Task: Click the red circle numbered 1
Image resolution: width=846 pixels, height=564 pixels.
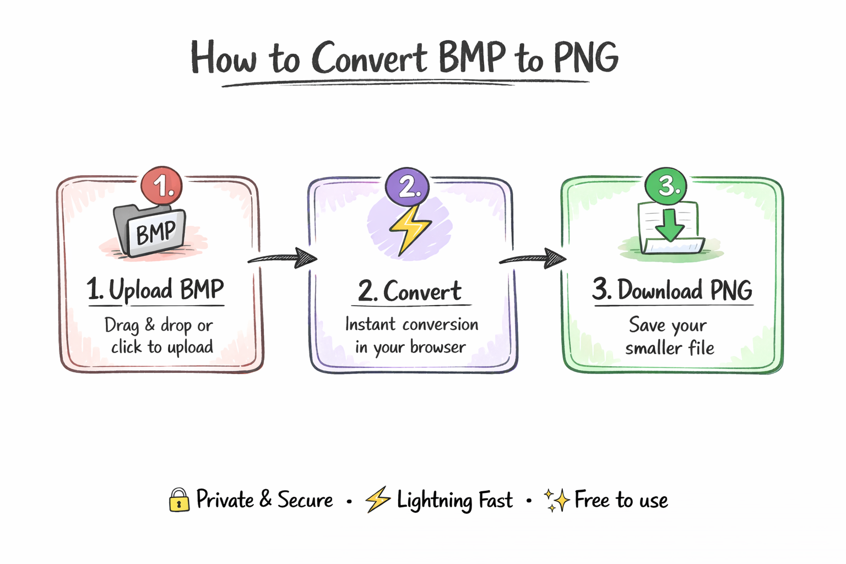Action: point(161,186)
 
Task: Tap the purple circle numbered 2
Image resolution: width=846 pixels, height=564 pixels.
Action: point(407,187)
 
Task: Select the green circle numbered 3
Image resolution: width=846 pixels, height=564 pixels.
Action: point(665,186)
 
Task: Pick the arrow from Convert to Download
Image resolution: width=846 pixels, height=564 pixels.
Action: point(533,258)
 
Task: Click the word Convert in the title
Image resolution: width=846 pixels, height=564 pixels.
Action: point(368,58)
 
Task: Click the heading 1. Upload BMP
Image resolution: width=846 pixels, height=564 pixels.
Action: point(155,290)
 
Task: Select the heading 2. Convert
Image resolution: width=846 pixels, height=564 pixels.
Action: point(410,291)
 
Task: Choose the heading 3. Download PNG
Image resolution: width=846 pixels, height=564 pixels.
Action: point(672,290)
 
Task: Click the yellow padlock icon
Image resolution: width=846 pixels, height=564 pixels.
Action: point(179,500)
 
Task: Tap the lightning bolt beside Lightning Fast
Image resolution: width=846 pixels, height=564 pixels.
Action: point(378,500)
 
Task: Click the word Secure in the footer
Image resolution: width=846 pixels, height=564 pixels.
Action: point(305,500)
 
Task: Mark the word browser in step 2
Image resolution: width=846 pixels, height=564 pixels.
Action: point(438,347)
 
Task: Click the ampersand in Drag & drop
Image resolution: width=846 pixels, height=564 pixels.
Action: point(150,325)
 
